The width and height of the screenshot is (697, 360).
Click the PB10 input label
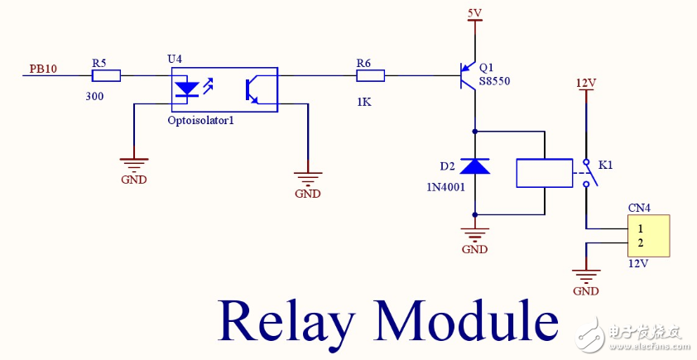pos(43,69)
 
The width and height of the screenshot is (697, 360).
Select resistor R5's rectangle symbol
pos(106,76)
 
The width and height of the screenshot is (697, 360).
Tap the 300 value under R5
pos(95,96)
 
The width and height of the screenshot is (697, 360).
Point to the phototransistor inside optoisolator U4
pos(252,90)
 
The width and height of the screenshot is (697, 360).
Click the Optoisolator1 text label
pos(201,120)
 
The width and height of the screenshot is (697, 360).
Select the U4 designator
pos(174,60)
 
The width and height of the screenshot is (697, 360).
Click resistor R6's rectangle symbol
pos(370,76)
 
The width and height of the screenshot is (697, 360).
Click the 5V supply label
pos(474,13)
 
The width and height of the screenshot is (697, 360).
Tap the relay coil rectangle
pos(544,172)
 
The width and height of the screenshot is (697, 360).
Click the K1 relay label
pos(605,166)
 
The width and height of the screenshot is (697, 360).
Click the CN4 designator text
pos(638,208)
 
